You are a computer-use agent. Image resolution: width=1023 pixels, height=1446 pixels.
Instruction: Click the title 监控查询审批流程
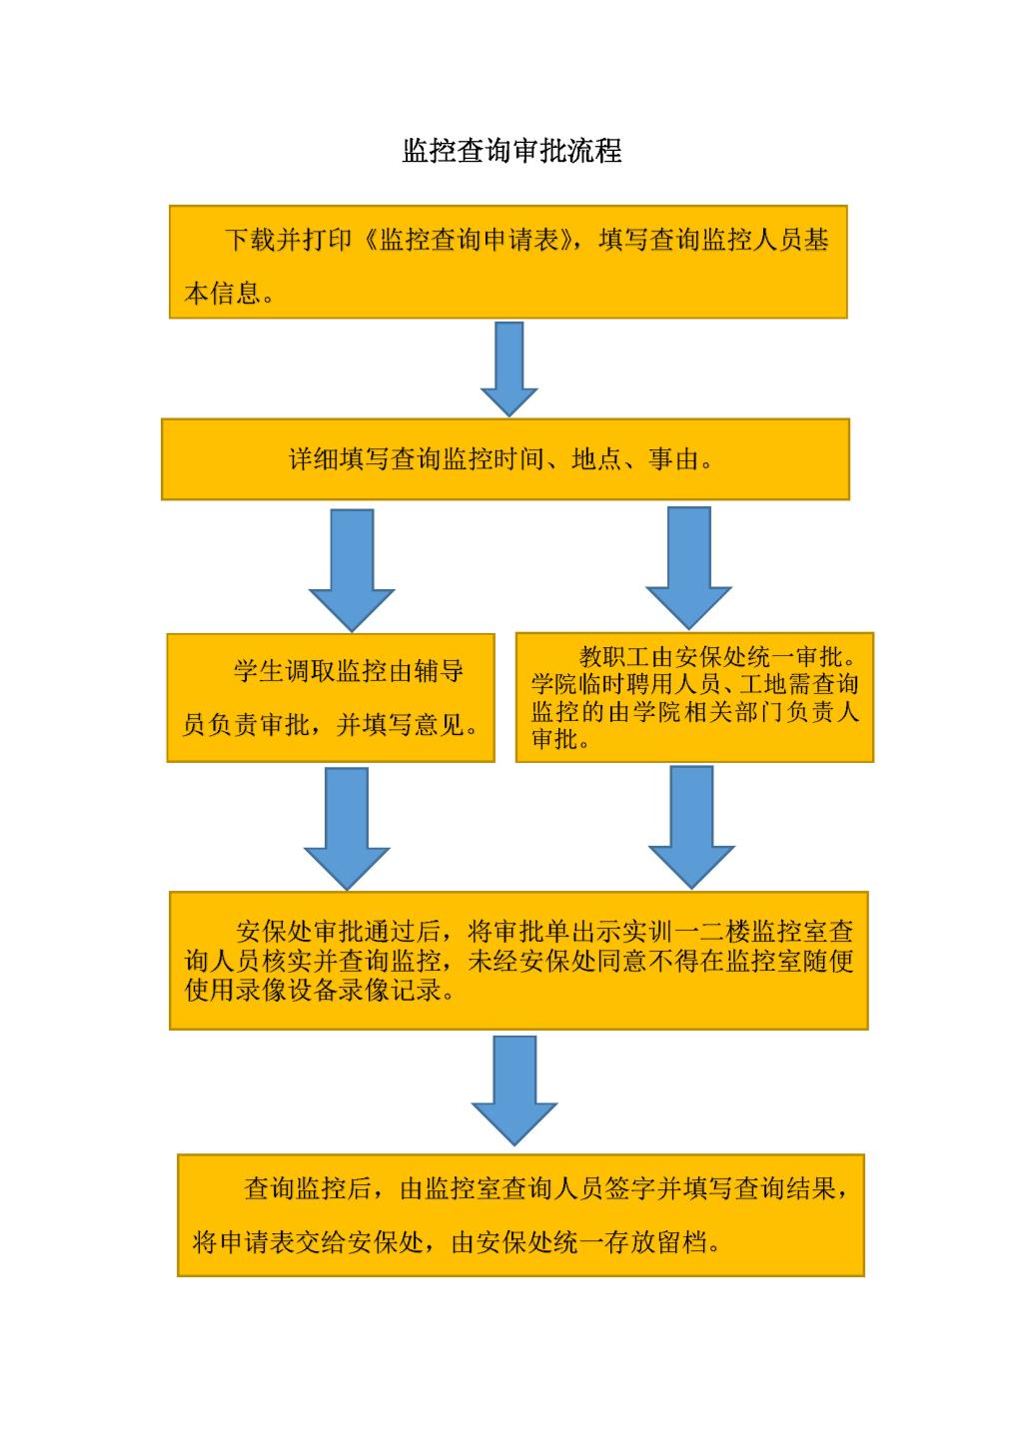coord(511,151)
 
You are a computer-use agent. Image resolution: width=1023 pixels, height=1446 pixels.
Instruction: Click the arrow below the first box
coord(509,369)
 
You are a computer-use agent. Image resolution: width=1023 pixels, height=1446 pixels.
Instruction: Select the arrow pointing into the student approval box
coord(352,570)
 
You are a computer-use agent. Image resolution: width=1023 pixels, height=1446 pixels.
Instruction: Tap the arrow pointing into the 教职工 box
coord(688,568)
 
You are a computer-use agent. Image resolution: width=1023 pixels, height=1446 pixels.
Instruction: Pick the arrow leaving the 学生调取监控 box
coord(347,829)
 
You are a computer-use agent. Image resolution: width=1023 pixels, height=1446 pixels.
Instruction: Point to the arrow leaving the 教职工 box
coord(691,828)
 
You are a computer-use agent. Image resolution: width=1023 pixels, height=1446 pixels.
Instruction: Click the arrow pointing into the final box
coord(514,1090)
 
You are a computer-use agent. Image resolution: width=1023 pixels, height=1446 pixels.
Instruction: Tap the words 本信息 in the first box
coord(222,294)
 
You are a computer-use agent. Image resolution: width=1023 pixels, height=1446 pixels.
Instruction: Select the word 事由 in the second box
coord(674,459)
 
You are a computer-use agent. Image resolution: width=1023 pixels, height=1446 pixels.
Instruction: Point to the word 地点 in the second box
coord(596,459)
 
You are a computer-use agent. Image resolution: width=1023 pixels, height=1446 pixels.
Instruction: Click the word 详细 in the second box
coord(314,459)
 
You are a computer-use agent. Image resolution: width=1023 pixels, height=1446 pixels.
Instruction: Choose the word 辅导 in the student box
coord(439,671)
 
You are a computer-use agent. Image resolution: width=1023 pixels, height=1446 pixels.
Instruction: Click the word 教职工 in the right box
coord(614,656)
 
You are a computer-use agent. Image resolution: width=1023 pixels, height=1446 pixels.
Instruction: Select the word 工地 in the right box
coord(763,684)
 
